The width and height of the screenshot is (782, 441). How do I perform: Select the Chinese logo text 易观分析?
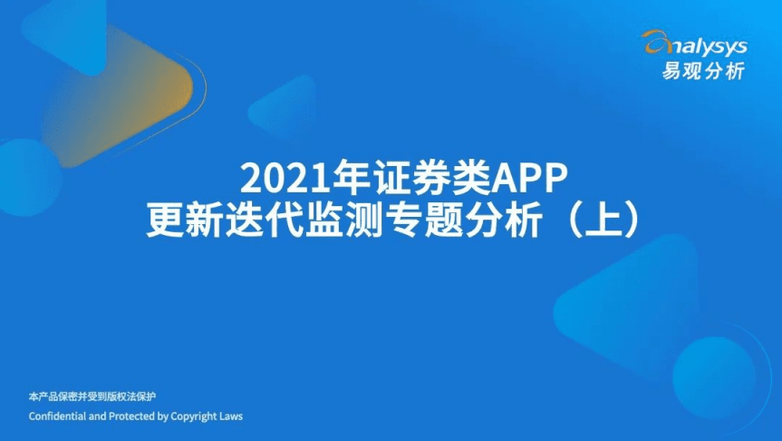tap(704, 70)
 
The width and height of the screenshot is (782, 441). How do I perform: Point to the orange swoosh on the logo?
tap(655, 40)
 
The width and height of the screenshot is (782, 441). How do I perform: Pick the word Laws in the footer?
tap(231, 416)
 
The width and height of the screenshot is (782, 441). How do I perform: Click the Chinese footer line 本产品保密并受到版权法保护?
tap(93, 397)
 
